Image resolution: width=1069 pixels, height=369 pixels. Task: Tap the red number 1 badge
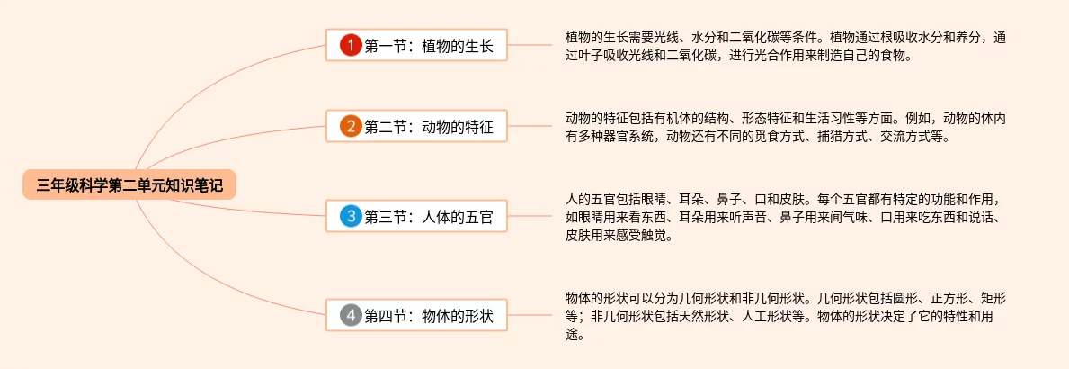[351, 45]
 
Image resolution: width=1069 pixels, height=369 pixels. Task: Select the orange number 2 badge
[351, 127]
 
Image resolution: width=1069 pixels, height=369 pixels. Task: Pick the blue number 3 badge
[351, 216]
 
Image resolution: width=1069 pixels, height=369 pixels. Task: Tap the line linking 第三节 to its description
[534, 216]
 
